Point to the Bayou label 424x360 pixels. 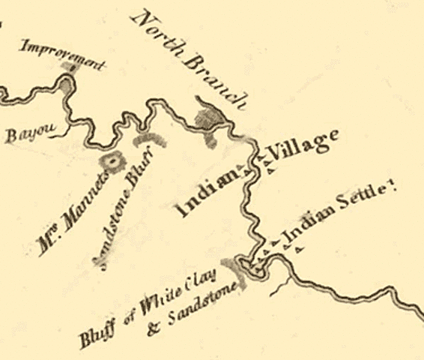tap(22, 136)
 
